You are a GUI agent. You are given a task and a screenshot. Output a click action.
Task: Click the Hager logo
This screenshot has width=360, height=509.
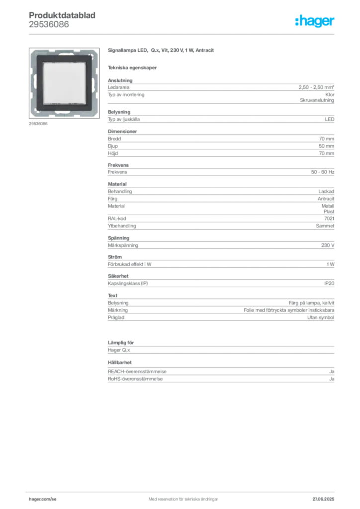314,21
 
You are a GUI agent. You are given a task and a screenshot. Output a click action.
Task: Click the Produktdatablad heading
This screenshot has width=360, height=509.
62,15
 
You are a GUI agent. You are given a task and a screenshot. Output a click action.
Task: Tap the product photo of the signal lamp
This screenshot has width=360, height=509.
64,83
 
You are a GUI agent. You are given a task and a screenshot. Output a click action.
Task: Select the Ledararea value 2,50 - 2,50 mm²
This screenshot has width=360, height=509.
316,87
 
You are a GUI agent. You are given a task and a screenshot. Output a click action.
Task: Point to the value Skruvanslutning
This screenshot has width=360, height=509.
317,100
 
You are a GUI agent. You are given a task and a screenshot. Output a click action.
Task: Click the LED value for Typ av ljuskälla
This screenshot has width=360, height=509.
330,119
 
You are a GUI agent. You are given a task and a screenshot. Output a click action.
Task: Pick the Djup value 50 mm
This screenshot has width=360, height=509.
326,146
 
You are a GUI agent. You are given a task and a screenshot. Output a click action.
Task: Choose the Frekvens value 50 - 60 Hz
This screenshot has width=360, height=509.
322,172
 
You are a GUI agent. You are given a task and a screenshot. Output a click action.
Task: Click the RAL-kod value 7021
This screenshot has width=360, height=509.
329,219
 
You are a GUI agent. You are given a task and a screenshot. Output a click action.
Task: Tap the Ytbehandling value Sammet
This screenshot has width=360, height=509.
325,226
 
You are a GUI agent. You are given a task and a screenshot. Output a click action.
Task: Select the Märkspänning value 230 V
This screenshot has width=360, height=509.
328,245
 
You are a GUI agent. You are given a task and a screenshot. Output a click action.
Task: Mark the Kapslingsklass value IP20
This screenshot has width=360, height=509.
329,283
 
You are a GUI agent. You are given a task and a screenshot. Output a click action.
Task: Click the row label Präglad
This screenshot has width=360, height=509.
116,317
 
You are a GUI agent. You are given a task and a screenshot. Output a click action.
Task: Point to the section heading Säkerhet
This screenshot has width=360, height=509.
118,276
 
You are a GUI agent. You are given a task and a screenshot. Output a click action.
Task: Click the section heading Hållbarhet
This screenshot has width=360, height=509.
120,362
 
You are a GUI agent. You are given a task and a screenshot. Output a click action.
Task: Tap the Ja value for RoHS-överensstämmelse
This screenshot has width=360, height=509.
332,379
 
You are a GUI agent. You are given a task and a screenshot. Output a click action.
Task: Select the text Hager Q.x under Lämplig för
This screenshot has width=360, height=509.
119,350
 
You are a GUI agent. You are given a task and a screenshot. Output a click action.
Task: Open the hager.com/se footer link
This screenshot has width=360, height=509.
43,499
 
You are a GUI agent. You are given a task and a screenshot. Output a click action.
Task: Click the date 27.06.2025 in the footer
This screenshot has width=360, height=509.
323,499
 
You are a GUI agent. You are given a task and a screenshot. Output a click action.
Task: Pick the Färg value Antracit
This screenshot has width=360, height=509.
326,199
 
